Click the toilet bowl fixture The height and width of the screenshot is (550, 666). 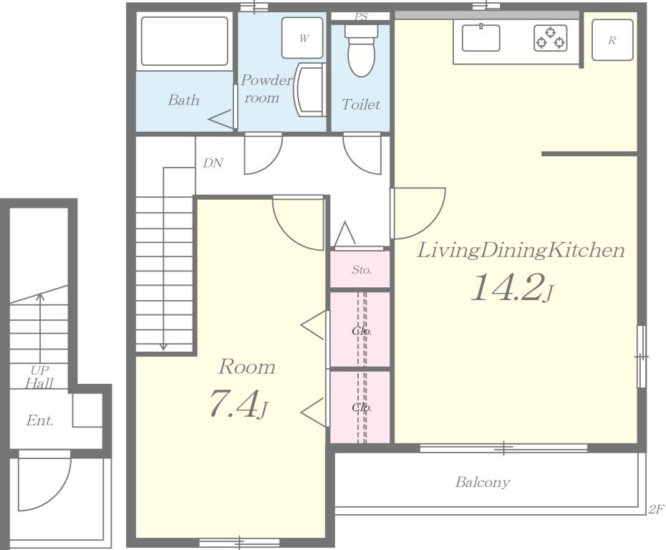click(x=361, y=50)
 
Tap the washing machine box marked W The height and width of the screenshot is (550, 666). click(x=302, y=38)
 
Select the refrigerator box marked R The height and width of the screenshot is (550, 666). click(x=612, y=40)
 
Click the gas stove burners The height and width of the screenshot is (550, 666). click(x=551, y=38)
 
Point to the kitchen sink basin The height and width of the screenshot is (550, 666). click(x=481, y=37)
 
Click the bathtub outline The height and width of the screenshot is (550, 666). click(x=184, y=42)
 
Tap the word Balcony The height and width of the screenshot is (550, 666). click(x=483, y=483)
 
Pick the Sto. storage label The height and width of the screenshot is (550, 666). click(x=362, y=270)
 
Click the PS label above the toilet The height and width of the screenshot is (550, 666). click(x=361, y=16)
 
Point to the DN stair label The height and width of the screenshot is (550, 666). click(x=213, y=163)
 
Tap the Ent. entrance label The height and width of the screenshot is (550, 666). click(x=40, y=420)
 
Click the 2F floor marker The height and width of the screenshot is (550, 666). click(x=655, y=509)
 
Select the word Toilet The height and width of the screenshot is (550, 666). click(x=361, y=105)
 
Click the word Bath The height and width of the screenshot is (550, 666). click(x=183, y=100)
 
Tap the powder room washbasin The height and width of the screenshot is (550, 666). click(x=309, y=90)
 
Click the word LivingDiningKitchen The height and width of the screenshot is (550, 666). click(x=521, y=251)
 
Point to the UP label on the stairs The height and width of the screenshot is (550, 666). click(x=39, y=370)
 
